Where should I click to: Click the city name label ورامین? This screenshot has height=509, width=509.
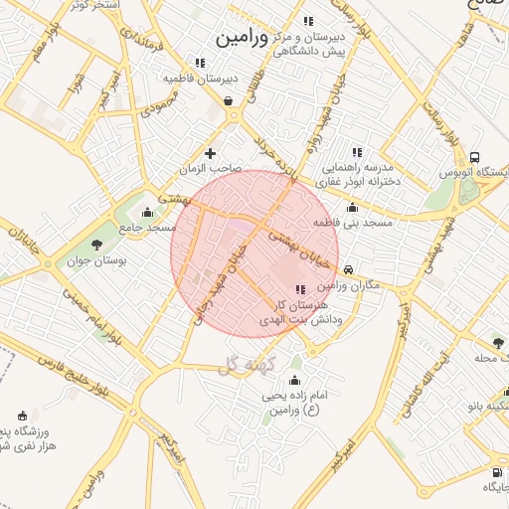click(x=242, y=37)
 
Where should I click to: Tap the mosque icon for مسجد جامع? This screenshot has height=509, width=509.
click(x=148, y=212)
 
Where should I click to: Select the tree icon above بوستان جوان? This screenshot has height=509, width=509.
click(x=95, y=245)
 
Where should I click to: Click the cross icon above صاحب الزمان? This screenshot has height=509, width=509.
click(x=210, y=153)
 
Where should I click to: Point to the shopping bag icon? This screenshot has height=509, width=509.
click(x=230, y=99)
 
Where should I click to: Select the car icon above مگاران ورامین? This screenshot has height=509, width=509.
click(x=348, y=269)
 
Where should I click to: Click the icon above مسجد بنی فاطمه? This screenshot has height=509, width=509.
click(x=352, y=208)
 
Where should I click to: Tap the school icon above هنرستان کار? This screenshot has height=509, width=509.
click(x=301, y=288)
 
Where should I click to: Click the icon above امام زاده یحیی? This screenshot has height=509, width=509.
click(x=293, y=381)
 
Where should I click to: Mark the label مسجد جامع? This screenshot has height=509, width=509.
click(x=148, y=228)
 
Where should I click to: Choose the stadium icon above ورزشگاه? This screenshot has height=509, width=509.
click(x=23, y=416)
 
